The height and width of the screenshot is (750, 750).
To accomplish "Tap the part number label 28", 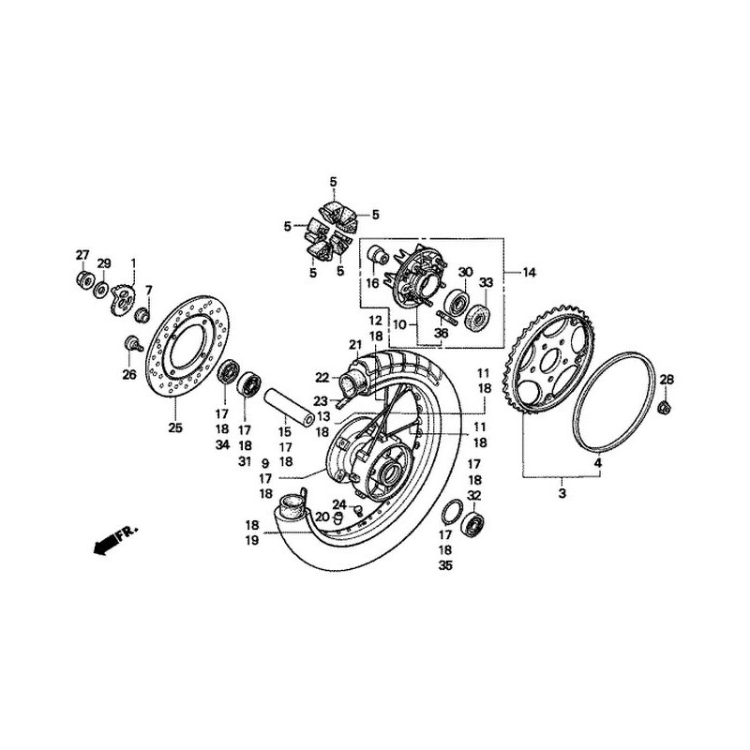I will pos(667,379).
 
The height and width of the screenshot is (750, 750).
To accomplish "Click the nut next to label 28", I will pos(665,407).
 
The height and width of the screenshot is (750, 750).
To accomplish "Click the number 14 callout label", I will pos(530,272).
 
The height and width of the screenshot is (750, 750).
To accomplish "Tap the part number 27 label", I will pos(82,256).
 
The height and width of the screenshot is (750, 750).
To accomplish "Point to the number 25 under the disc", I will pos(174,428).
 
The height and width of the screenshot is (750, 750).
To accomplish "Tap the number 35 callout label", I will pos(445,566).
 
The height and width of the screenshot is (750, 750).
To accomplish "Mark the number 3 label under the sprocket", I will pos(562,491).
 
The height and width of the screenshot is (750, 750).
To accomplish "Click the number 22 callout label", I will pos(322,378).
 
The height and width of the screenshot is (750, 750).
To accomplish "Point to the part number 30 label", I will pos(465,272).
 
